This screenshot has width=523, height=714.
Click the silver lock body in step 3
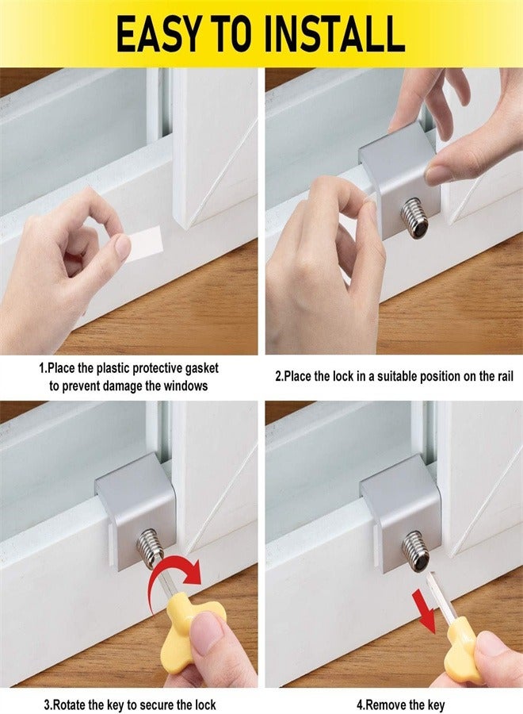(x=136, y=508)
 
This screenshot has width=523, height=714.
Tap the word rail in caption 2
(x=500, y=377)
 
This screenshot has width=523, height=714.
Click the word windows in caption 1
(x=184, y=386)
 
